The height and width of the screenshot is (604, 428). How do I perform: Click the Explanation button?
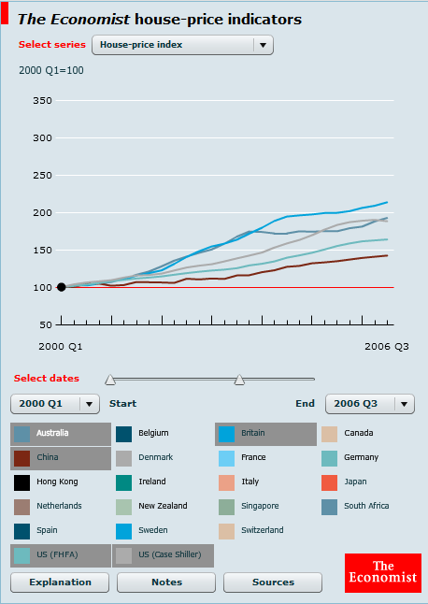[60, 582]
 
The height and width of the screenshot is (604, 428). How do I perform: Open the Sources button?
[273, 582]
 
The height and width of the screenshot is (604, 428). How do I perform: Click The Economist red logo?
[383, 573]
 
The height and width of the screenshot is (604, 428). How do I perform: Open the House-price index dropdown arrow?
[264, 45]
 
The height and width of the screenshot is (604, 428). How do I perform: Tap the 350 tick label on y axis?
[42, 101]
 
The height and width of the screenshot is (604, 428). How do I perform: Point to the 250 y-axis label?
[42, 175]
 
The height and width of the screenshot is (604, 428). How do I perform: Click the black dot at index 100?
[61, 287]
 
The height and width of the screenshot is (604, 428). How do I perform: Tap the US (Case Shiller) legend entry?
[164, 555]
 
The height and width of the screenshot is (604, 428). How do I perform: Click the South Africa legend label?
[366, 506]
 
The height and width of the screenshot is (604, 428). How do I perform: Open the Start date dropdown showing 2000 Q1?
[55, 404]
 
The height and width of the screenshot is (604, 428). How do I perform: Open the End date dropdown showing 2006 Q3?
[370, 404]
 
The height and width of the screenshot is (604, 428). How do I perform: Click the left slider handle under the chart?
[110, 380]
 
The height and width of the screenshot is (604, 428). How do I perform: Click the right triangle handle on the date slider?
[239, 380]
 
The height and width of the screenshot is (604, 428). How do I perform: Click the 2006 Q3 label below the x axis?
[387, 347]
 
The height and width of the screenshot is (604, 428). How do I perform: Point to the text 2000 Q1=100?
[51, 70]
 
